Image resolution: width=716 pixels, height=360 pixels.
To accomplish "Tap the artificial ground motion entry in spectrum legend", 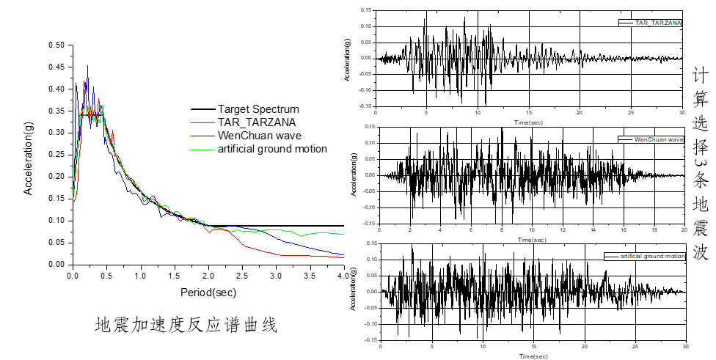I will (x=271, y=149).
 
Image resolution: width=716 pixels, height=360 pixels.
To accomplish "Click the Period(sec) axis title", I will (x=209, y=292).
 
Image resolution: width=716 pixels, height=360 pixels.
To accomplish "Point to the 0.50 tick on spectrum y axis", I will (x=55, y=45).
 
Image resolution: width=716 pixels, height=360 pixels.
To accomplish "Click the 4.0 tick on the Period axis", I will (x=343, y=275).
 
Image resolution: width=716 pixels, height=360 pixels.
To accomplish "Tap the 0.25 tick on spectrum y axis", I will (x=55, y=155).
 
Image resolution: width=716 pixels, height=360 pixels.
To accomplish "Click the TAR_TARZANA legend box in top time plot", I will (x=651, y=23).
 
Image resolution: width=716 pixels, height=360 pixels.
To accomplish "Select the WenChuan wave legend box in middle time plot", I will (x=651, y=139).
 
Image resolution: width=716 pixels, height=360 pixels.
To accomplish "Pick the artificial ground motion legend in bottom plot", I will (x=645, y=257).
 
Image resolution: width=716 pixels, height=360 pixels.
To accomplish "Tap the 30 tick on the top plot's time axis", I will (x=683, y=113).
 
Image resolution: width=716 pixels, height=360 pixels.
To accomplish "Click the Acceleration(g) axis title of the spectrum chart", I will (x=29, y=155).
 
